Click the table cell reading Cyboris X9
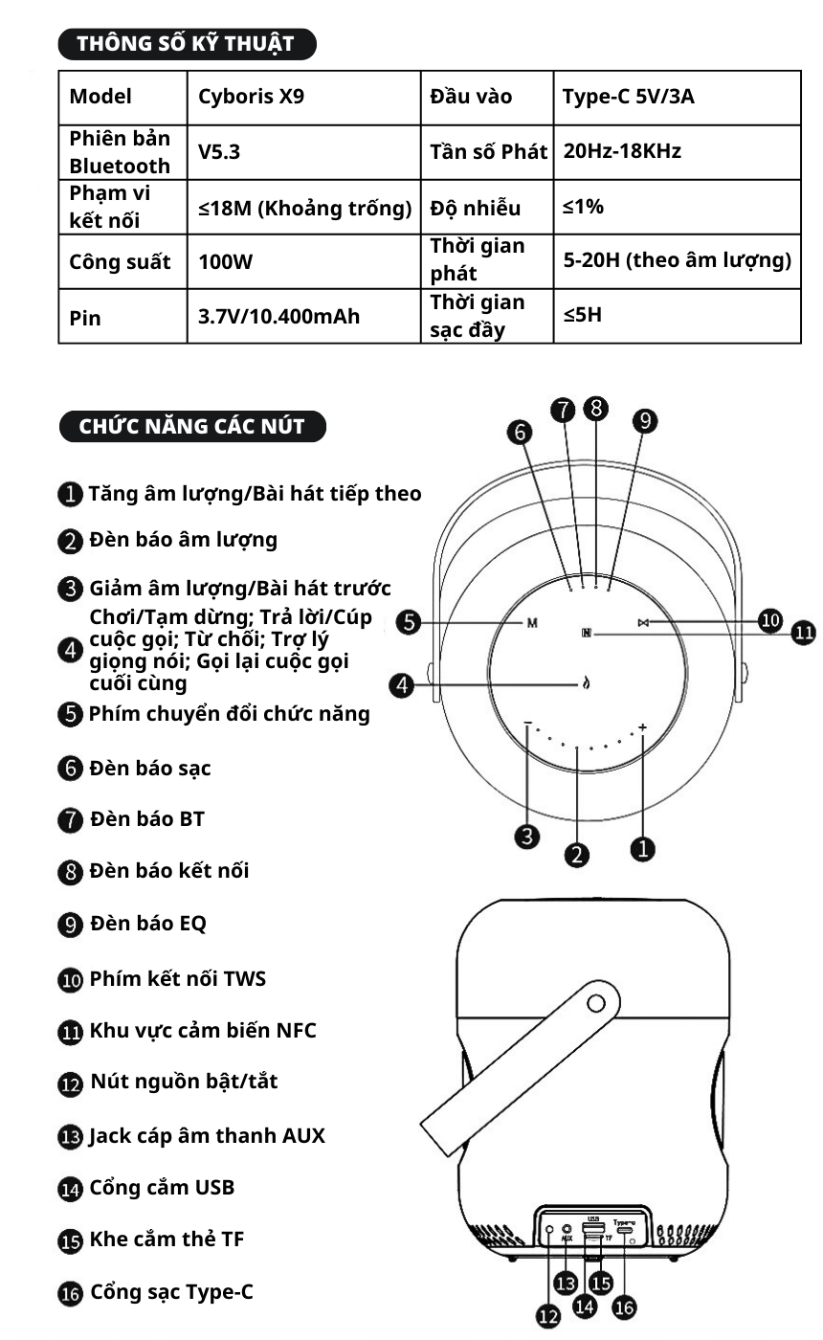click(251, 97)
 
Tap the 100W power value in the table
click(226, 261)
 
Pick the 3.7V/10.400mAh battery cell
click(278, 316)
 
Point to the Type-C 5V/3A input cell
click(629, 97)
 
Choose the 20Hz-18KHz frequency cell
click(622, 150)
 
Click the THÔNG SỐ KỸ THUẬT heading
click(187, 43)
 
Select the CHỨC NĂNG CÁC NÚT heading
click(192, 426)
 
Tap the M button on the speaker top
click(532, 623)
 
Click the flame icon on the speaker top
click(587, 683)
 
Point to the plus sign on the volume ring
click(642, 727)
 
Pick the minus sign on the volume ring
click(527, 724)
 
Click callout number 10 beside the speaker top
click(770, 619)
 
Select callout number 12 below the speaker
click(547, 1318)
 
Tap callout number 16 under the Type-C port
click(624, 1307)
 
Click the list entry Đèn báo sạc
click(149, 768)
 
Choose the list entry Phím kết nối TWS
click(177, 978)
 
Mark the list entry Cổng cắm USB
click(161, 1188)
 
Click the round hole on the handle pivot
click(596, 1004)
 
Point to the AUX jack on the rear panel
click(567, 1229)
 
